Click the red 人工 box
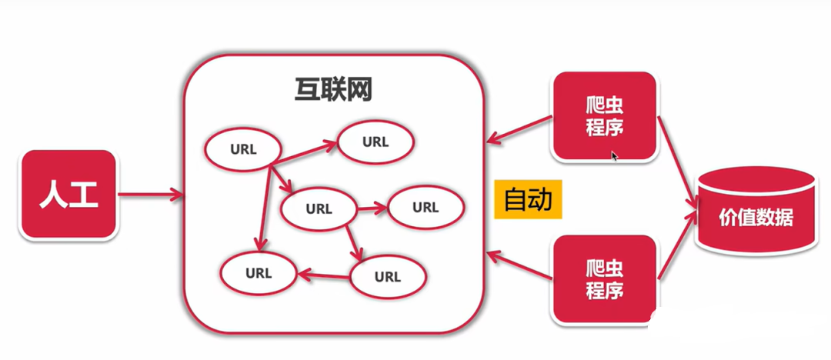coord(69,195)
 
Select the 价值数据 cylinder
coord(756,218)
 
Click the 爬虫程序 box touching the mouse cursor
coord(604,116)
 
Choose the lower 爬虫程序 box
coord(604,279)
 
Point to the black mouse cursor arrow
coord(615,155)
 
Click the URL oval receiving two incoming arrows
coord(259,272)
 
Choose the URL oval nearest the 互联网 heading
coord(375,142)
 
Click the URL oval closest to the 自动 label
coord(425,207)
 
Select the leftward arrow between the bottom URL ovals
coord(323,272)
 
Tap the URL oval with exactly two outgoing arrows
coord(319,208)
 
